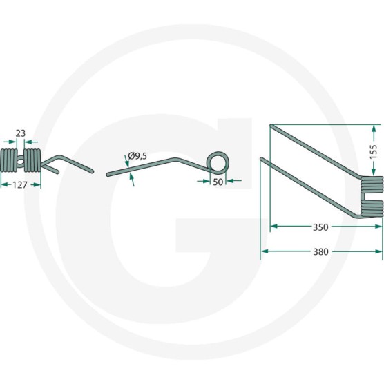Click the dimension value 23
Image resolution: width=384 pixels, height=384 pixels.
[21, 133]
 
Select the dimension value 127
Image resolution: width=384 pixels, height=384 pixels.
[20, 185]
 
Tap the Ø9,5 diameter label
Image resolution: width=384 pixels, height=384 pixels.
[137, 156]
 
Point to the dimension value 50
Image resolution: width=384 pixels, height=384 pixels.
[218, 182]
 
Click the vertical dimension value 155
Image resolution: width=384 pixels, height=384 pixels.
[374, 152]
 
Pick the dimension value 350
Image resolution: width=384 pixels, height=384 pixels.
[320, 227]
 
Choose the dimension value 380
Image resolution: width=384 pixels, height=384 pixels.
[321, 252]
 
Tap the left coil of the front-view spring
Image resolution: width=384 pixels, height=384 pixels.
[9, 160]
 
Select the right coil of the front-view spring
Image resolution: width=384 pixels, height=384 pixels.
[32, 160]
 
